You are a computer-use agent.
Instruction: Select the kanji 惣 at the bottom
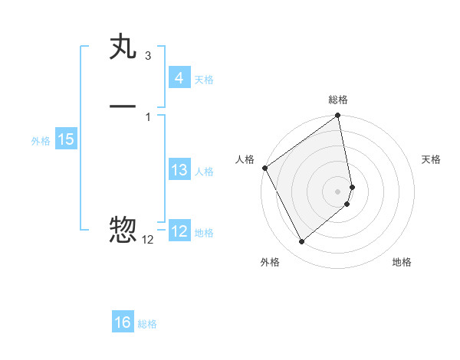pyautogui.click(x=123, y=229)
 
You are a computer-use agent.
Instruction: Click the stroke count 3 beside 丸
pyautogui.click(x=147, y=56)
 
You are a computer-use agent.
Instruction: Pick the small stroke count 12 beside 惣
pyautogui.click(x=147, y=240)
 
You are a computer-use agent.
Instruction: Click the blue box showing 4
pyautogui.click(x=179, y=77)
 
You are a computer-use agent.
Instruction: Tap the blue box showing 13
pyautogui.click(x=179, y=170)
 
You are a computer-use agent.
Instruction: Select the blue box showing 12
pyautogui.click(x=179, y=231)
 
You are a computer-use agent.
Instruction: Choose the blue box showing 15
pyautogui.click(x=65, y=139)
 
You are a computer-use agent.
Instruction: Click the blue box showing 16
pyautogui.click(x=123, y=322)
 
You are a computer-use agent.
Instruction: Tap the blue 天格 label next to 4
pyautogui.click(x=204, y=79)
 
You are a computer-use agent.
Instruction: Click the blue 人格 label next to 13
pyautogui.click(x=204, y=172)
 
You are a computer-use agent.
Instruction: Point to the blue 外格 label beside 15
pyautogui.click(x=41, y=141)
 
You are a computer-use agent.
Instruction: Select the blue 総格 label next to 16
pyautogui.click(x=147, y=324)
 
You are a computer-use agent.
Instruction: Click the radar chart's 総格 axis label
pyautogui.click(x=338, y=100)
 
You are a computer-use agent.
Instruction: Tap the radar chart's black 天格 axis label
pyautogui.click(x=431, y=159)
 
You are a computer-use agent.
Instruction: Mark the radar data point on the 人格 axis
pyautogui.click(x=264, y=168)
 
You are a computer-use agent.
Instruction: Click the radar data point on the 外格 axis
pyautogui.click(x=301, y=241)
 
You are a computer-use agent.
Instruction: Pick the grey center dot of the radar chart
pyautogui.click(x=338, y=191)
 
